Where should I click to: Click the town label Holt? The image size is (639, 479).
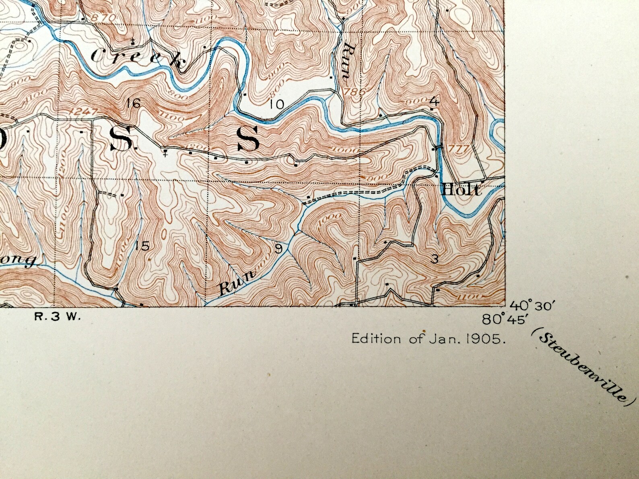point(461,189)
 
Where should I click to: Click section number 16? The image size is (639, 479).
point(133,103)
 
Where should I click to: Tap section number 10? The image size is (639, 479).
point(277,105)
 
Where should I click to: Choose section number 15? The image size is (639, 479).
point(142,246)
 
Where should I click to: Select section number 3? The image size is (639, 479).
point(434,259)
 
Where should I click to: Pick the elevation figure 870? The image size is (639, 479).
point(100,17)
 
